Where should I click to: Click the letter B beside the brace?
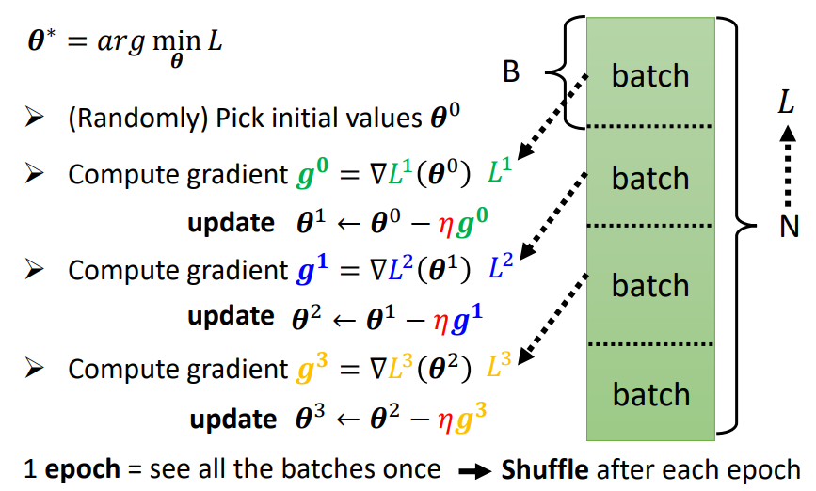[x=511, y=72]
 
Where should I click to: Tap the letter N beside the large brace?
[x=789, y=227]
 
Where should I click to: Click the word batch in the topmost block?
[x=650, y=75]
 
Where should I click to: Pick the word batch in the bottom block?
[x=650, y=394]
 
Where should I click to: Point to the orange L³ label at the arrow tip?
[x=500, y=367]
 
